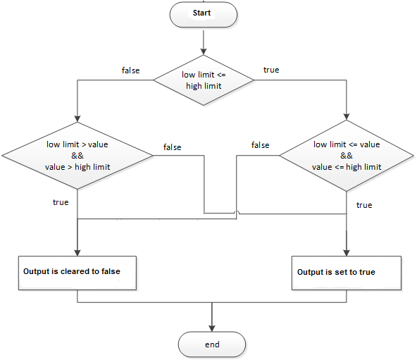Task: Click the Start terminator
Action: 203,13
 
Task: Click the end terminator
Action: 212,345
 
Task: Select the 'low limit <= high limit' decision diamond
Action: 203,80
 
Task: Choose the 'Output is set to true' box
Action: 347,272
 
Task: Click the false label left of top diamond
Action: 131,70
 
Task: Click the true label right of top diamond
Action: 270,70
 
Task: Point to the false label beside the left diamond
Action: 172,147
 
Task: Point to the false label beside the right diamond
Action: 260,145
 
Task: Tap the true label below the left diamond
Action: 61,202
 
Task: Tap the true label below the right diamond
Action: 364,205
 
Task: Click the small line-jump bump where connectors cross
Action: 237,212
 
